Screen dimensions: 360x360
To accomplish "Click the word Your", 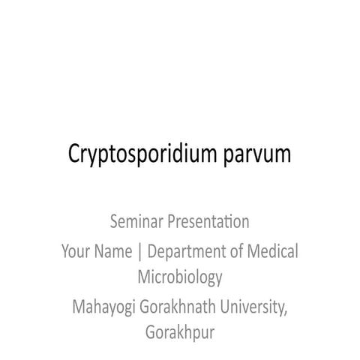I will click(76, 251).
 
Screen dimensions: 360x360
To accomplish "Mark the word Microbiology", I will click(180, 278).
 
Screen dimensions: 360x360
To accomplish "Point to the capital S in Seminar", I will click(114, 223).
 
